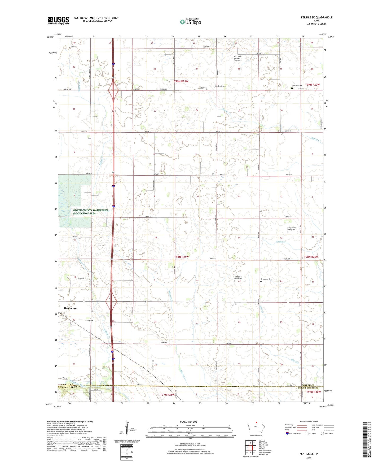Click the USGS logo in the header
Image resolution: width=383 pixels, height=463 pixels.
58,20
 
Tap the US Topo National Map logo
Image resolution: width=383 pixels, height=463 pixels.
190,21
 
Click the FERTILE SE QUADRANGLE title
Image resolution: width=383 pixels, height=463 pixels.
316,18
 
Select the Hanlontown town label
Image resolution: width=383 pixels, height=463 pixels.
71,308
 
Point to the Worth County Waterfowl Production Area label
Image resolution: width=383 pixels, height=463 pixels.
90,212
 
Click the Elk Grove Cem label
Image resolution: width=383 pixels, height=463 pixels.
297,86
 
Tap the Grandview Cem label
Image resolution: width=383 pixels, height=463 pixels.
266,279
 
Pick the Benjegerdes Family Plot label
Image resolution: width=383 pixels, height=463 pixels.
291,229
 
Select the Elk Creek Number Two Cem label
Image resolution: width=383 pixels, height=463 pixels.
237,58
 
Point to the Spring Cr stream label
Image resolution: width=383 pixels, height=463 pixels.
281,242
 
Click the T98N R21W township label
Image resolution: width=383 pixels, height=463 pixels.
182,257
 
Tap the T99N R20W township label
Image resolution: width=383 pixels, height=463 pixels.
312,85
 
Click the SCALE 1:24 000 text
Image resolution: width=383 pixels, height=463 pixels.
188,422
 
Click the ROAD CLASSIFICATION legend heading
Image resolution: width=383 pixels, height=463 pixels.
309,421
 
